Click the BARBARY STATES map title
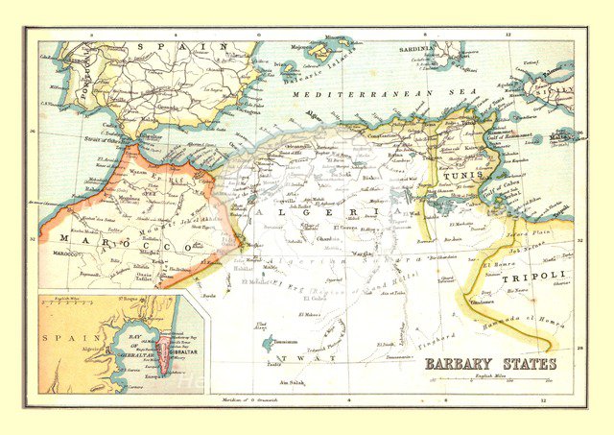click(490, 364)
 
